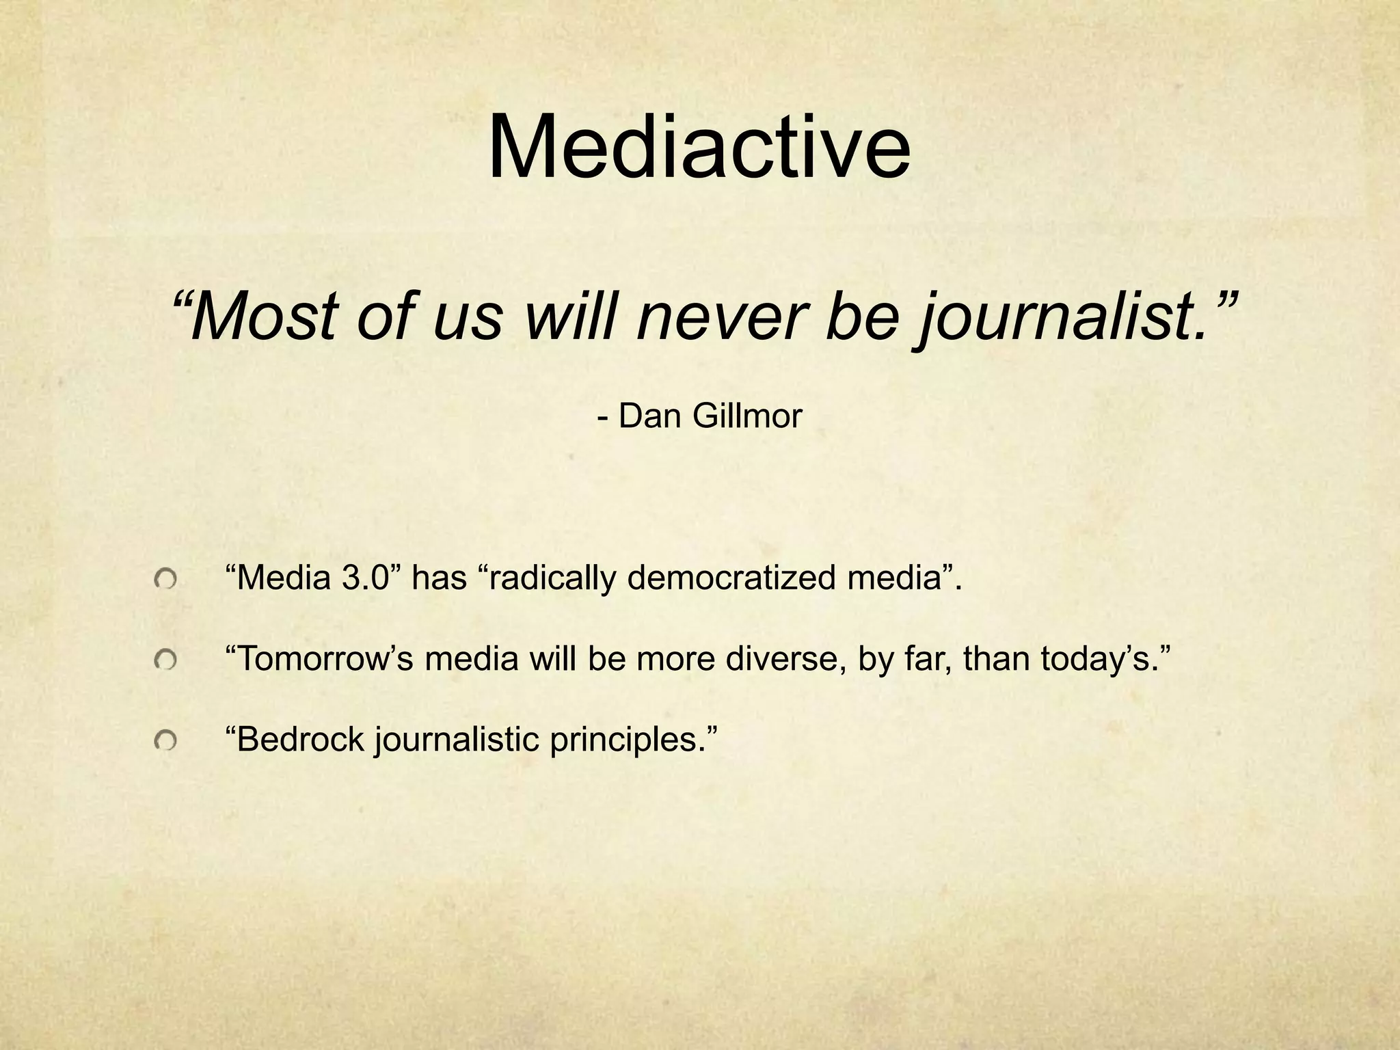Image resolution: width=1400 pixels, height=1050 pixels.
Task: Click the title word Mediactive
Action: pyautogui.click(x=699, y=148)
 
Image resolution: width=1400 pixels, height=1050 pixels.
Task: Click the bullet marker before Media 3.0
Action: pyautogui.click(x=165, y=580)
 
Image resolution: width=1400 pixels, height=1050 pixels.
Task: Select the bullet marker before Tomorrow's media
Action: pyautogui.click(x=165, y=660)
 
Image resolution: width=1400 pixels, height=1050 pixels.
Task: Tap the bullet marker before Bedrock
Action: pyautogui.click(x=165, y=740)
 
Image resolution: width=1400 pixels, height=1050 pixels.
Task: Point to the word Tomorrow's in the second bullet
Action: pyautogui.click(x=321, y=659)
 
